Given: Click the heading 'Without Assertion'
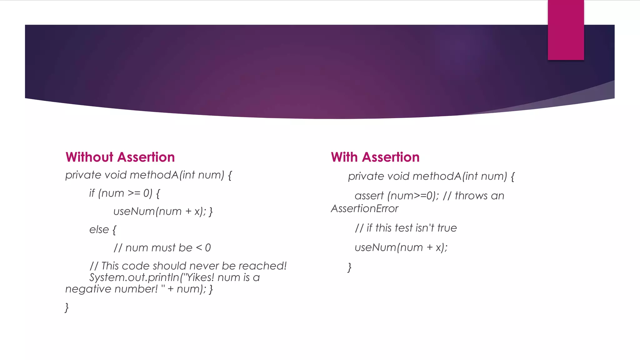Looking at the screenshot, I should tap(120, 157).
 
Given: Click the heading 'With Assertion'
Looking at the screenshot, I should tap(375, 157).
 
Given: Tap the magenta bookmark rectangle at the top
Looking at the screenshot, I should tap(566, 30).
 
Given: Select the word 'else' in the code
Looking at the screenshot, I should tap(99, 230).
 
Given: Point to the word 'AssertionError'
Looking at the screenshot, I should tap(365, 209).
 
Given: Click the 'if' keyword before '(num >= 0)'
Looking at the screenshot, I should tap(92, 193).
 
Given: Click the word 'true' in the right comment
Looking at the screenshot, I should tap(447, 228).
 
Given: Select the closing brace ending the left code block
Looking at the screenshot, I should tap(67, 307).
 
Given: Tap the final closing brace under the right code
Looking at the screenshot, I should tap(350, 267).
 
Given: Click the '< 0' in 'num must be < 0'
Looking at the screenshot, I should tap(203, 248).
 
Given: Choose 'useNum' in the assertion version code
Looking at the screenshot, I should tap(375, 247).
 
